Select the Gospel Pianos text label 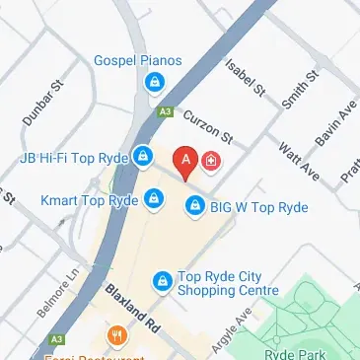click(x=138, y=61)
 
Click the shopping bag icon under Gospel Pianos click(x=154, y=84)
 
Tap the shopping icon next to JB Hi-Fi click(x=143, y=156)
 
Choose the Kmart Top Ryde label click(x=88, y=200)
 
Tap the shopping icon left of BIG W click(x=195, y=207)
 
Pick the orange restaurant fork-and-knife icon click(x=117, y=336)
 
